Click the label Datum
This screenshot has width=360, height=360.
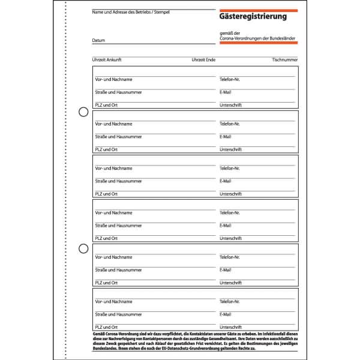(98, 40)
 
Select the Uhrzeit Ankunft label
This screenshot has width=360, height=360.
(107, 60)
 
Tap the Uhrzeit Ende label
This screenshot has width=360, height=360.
(203, 60)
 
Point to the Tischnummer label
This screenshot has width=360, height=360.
(284, 60)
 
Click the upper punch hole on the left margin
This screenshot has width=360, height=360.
(83, 111)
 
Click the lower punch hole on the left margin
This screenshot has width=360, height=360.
(83, 248)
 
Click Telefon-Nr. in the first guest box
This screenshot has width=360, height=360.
(230, 79)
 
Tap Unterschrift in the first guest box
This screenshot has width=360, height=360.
(230, 105)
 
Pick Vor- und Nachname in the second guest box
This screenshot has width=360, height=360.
(113, 124)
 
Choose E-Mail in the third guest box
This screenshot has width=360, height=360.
(226, 181)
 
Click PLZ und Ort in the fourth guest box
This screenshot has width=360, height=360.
(106, 238)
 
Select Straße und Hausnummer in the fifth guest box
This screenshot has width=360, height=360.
(118, 269)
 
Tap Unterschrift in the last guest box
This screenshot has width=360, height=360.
(230, 327)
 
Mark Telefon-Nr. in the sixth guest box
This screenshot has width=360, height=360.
(230, 301)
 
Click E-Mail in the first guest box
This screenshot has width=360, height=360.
(226, 92)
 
